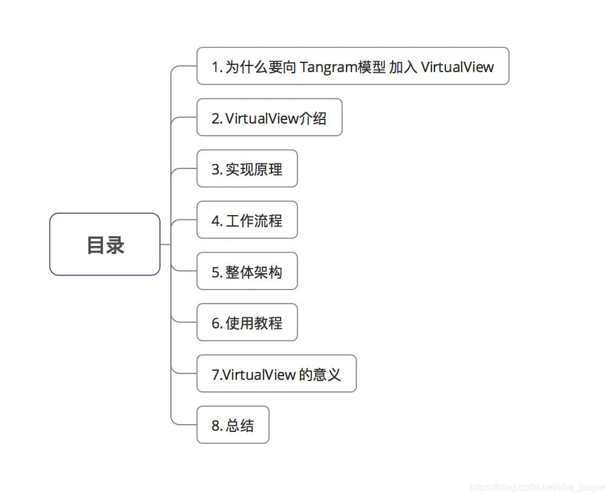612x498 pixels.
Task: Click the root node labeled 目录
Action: [x=105, y=245]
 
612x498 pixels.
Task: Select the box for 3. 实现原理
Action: [x=247, y=169]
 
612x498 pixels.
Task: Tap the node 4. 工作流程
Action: [x=247, y=221]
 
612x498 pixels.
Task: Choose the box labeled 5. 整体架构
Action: [x=247, y=272]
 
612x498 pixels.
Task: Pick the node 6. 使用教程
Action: [x=247, y=323]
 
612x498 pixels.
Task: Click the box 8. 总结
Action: [x=233, y=425]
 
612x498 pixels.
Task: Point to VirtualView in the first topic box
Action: [x=457, y=67]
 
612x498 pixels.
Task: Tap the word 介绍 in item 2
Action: [x=313, y=118]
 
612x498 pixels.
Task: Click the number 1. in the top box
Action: [x=217, y=67]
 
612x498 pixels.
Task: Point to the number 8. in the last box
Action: [x=217, y=426]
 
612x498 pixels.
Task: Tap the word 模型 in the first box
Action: [x=372, y=67]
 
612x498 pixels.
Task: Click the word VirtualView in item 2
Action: [x=262, y=118]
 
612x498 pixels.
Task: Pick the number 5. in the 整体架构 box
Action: [x=217, y=272]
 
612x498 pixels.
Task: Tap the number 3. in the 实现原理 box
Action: [x=217, y=170]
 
